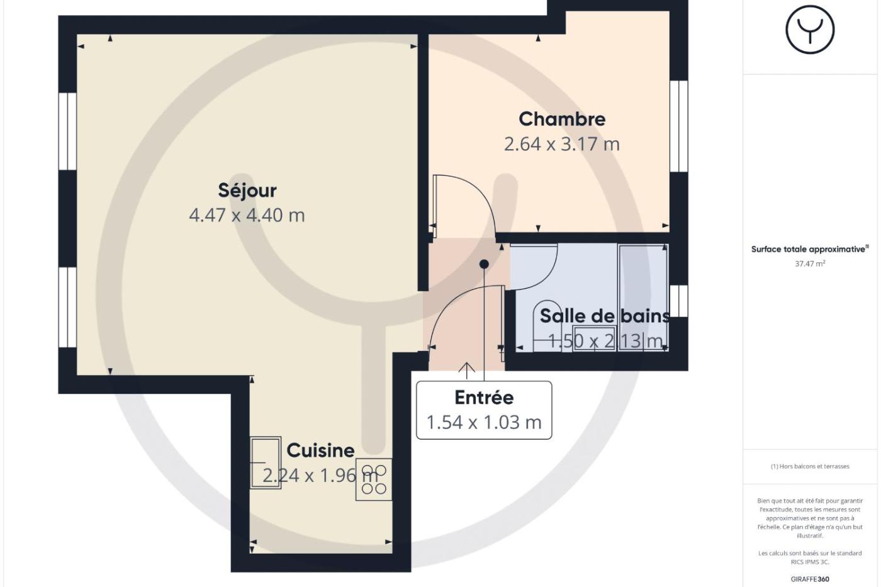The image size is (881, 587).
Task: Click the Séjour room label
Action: point(247,191)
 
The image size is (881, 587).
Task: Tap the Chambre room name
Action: point(562,119)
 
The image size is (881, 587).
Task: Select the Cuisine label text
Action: point(320,450)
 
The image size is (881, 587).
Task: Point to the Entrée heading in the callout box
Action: point(484,398)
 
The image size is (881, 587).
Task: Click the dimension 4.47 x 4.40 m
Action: point(247,215)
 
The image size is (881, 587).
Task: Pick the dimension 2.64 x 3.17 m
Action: point(562,144)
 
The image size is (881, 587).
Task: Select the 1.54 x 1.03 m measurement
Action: point(484,422)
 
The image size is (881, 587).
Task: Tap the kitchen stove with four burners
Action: point(374,479)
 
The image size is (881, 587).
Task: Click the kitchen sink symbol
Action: point(266,462)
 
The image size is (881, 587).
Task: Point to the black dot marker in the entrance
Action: point(484,264)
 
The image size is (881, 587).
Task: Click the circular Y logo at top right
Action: point(810,30)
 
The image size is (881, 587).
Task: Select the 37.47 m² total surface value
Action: point(810,264)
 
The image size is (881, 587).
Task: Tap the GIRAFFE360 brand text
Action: point(810,579)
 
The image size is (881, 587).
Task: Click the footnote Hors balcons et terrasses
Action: point(810,466)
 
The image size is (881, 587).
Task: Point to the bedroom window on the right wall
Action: point(679,126)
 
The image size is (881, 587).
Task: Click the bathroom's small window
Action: point(679,301)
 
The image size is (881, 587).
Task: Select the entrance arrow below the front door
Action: point(467,371)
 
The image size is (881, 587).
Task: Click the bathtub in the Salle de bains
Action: point(643,298)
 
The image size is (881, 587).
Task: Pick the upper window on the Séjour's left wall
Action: point(68,131)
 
